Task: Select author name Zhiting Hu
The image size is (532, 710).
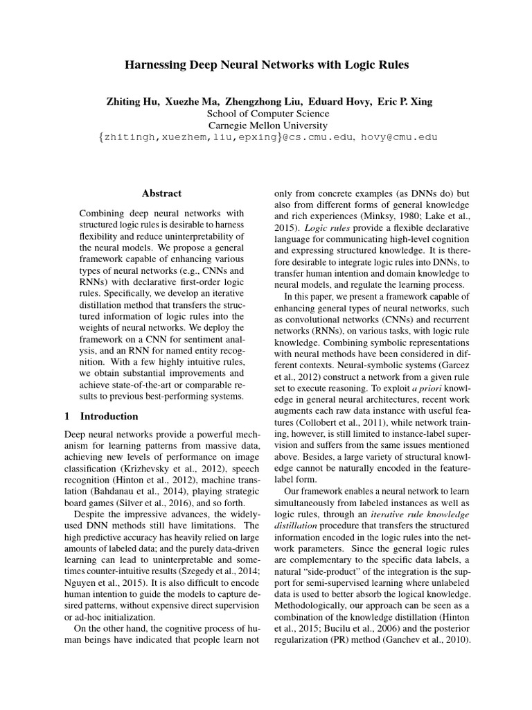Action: coord(132,101)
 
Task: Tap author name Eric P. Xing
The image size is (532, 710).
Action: coord(405,101)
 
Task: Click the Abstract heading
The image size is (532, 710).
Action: coord(161,193)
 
